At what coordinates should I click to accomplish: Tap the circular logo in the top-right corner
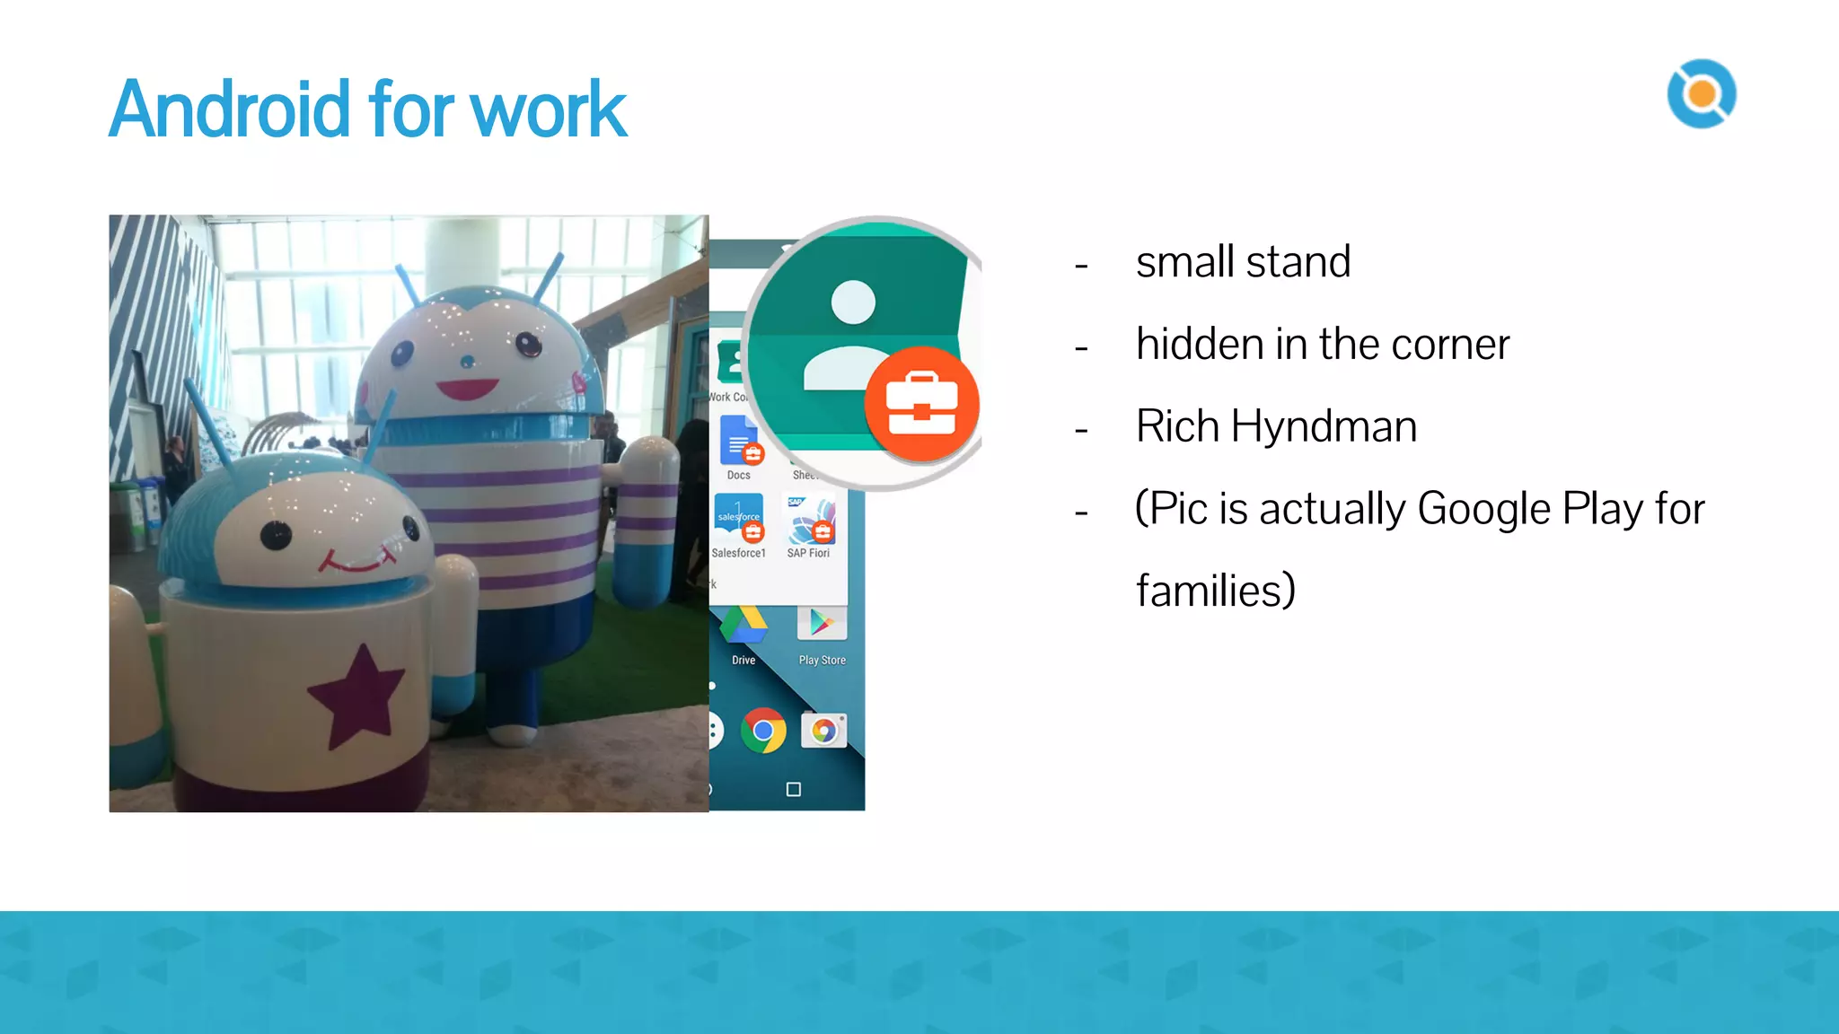[x=1701, y=93]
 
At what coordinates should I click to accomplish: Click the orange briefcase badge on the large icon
[x=922, y=405]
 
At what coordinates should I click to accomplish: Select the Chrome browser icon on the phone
[x=763, y=731]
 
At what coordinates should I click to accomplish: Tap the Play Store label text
[x=822, y=660]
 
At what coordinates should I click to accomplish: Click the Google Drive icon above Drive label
[x=744, y=624]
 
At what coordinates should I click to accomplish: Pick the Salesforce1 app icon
[x=739, y=519]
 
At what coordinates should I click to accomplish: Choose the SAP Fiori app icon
[x=811, y=521]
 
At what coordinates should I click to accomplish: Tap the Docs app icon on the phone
[x=739, y=441]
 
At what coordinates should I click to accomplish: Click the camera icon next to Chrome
[x=823, y=731]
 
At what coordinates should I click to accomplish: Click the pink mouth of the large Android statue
[x=467, y=390]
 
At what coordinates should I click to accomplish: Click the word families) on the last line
[x=1215, y=591]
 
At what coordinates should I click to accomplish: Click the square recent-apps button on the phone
[x=793, y=789]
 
